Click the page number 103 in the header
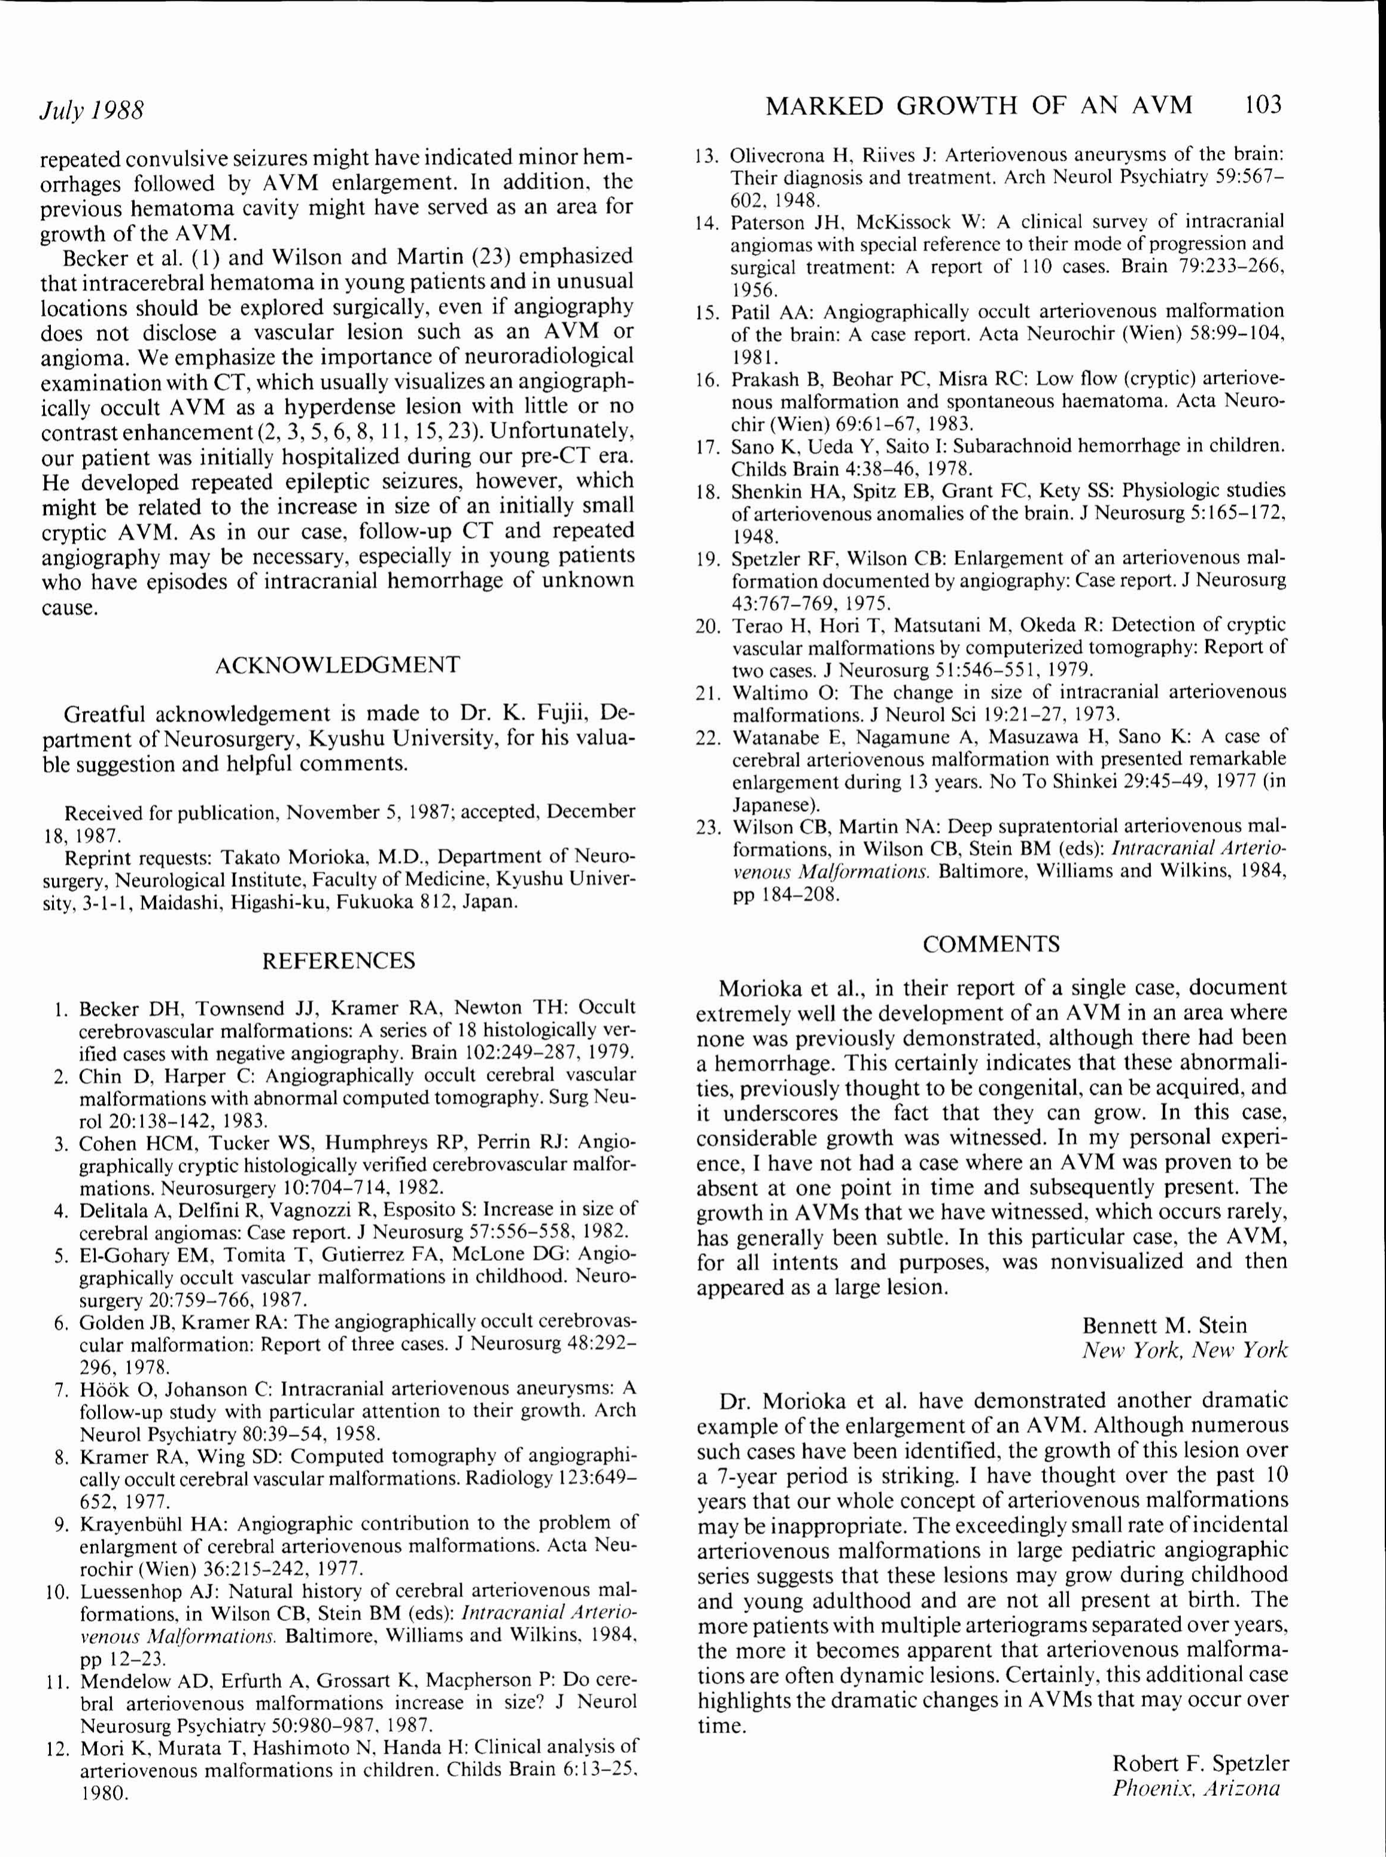tap(1263, 105)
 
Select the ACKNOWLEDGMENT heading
tap(337, 665)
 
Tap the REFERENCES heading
tap(338, 961)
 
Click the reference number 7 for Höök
tap(61, 1390)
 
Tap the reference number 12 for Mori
tap(57, 1747)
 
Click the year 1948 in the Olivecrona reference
tap(796, 200)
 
